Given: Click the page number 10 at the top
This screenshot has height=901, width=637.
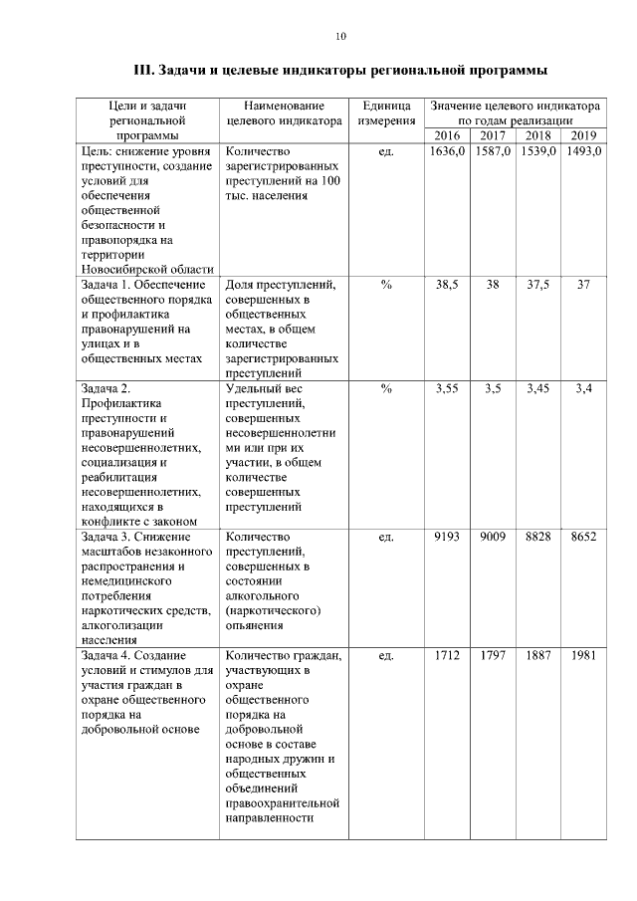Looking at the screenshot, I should (340, 37).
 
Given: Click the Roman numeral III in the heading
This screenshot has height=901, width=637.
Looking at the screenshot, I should (144, 72).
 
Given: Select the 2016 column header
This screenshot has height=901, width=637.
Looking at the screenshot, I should (447, 135).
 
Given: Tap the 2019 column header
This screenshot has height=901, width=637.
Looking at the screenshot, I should (583, 135).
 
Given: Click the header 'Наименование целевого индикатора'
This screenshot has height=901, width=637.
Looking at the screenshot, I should (284, 113).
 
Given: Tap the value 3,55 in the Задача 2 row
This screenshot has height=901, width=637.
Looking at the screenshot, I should (447, 388).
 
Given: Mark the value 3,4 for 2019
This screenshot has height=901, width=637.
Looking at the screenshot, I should (583, 388).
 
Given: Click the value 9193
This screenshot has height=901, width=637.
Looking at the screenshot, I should (447, 537).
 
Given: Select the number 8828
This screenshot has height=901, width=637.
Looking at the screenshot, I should (537, 537).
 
